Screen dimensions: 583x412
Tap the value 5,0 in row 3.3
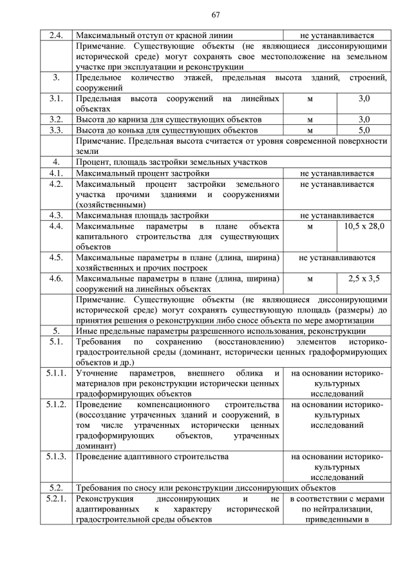pos(364,130)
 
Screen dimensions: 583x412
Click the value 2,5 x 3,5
pos(364,279)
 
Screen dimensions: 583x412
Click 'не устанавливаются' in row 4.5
pos(337,258)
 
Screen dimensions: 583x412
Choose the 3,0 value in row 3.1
pos(364,99)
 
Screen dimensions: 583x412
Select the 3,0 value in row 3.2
pos(364,119)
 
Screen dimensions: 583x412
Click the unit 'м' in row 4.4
pos(310,227)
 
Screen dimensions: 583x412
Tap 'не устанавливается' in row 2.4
pos(337,35)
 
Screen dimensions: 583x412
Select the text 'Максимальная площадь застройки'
pos(142,215)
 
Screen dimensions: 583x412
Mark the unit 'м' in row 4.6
pos(310,279)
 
